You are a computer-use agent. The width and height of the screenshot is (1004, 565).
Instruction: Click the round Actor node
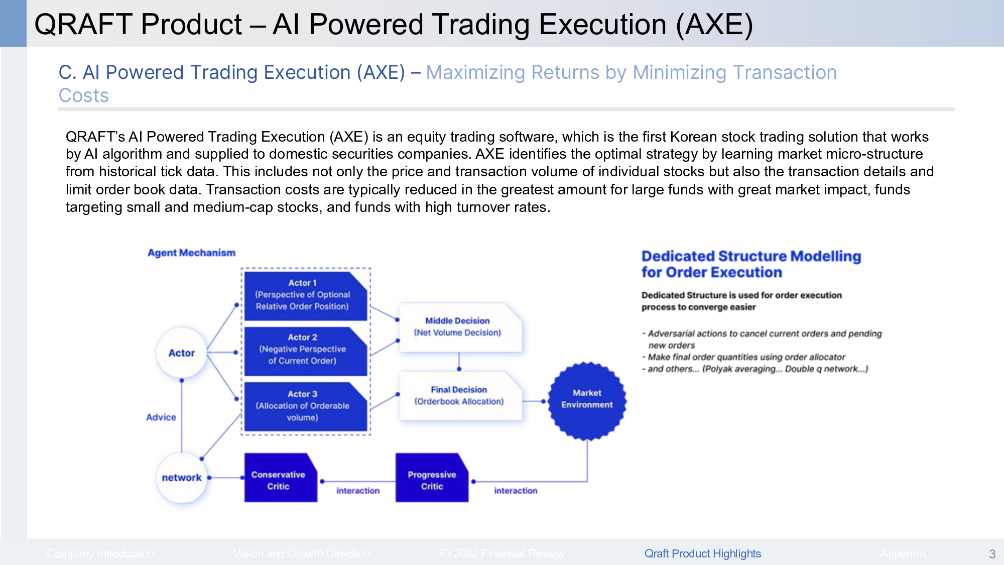tap(181, 353)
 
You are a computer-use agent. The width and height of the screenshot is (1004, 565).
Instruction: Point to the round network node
tap(181, 478)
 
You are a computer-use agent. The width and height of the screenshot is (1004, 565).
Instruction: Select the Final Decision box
tap(459, 396)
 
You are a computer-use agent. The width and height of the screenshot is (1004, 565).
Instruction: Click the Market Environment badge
tap(587, 399)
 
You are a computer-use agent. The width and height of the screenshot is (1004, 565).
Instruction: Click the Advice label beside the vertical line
tap(161, 417)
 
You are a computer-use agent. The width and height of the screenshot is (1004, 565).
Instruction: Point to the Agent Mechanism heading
tap(191, 253)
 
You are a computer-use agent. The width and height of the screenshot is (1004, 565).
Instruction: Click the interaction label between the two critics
tap(357, 491)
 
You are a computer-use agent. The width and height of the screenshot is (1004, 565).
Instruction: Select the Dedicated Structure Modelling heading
tap(750, 264)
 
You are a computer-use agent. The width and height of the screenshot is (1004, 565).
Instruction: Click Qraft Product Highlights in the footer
tap(702, 553)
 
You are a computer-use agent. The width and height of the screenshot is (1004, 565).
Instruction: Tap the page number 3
tap(992, 554)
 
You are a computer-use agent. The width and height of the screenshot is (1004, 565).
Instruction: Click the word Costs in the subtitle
tap(84, 95)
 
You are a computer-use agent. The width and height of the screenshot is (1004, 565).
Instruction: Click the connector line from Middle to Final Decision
tap(459, 361)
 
